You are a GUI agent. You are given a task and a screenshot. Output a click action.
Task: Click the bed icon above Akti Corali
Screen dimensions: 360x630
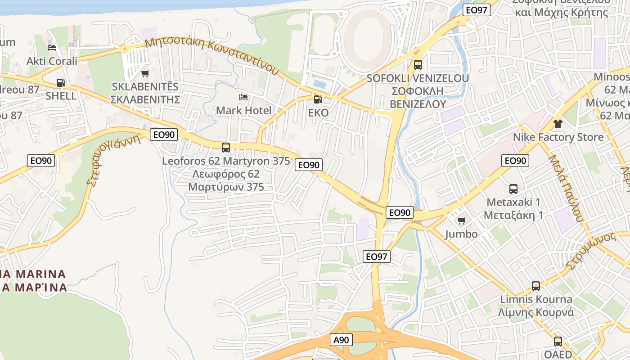[x=52, y=48]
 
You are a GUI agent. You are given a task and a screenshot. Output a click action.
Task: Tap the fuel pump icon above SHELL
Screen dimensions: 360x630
[x=61, y=83]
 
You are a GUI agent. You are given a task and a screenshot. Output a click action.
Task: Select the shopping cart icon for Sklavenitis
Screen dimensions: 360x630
[x=145, y=73]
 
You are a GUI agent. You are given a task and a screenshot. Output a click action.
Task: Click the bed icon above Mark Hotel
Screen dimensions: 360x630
[x=243, y=97]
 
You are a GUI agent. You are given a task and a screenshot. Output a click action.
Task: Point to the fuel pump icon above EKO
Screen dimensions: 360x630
[x=318, y=99]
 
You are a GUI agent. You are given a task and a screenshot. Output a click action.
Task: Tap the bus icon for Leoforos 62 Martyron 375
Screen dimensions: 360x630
[x=226, y=147]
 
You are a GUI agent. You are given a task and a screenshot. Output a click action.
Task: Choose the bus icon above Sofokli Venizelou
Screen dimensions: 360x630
[x=418, y=65]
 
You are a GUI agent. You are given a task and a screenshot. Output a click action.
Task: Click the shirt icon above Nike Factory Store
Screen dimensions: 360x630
[x=558, y=124]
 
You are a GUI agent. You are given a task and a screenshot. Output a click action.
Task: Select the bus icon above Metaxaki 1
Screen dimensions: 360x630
[x=513, y=189]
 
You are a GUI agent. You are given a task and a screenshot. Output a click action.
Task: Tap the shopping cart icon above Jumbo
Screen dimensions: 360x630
[x=461, y=220]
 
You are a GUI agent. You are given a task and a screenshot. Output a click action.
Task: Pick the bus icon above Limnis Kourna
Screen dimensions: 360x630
[x=536, y=286]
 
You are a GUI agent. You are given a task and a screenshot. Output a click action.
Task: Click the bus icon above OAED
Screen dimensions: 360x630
[x=558, y=341]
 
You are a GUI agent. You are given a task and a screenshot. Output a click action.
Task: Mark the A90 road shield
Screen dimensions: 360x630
[x=341, y=340]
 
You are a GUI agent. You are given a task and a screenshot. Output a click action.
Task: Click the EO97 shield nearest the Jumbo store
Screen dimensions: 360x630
[x=376, y=256]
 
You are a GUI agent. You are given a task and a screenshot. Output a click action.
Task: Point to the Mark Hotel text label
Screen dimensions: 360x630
[x=243, y=110]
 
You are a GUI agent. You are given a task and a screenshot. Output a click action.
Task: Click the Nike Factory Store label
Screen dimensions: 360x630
[x=558, y=137]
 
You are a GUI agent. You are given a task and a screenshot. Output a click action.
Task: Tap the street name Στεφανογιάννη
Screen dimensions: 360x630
[x=113, y=160]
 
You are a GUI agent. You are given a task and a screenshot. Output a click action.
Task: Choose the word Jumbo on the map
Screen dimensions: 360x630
[x=461, y=234]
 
